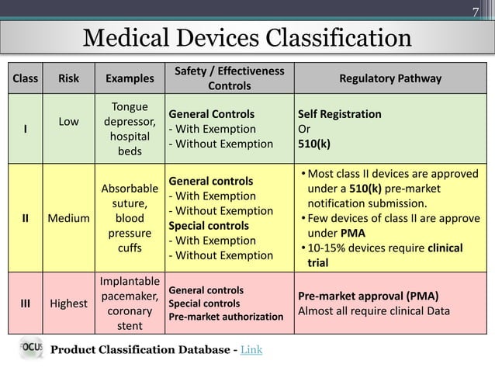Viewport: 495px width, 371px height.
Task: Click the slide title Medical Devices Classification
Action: [x=247, y=38]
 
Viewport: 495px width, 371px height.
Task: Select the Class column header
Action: [x=26, y=78]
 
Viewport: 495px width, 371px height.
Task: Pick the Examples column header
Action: [x=130, y=78]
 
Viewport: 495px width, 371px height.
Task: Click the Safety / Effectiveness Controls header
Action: [x=229, y=78]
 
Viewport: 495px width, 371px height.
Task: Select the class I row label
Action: [x=26, y=129]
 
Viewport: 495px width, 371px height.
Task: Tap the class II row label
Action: [x=26, y=217]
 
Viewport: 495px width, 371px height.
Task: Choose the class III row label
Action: [x=26, y=303]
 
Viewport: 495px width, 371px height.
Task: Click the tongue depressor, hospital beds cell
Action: [x=130, y=129]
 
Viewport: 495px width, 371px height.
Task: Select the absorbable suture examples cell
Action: [x=130, y=218]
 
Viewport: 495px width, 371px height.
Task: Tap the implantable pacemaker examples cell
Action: [x=130, y=303]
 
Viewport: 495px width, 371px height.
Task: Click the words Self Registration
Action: [x=339, y=114]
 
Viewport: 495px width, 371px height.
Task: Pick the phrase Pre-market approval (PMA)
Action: [x=369, y=296]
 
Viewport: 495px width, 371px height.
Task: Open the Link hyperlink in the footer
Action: [x=251, y=350]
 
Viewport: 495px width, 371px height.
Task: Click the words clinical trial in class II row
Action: [x=388, y=255]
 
